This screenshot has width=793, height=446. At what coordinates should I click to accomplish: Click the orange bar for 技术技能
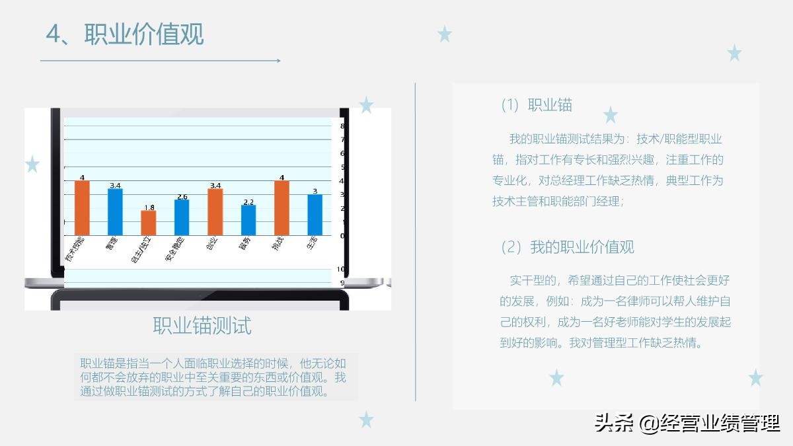pos(82,207)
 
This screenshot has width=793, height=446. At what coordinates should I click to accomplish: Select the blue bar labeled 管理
pos(115,212)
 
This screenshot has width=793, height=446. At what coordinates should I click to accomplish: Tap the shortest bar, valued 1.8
pos(149,223)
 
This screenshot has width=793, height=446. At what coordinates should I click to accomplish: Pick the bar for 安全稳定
pos(182,217)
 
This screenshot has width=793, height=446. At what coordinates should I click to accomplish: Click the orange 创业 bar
pos(215,212)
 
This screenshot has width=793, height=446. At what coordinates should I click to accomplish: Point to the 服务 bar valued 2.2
pos(248,220)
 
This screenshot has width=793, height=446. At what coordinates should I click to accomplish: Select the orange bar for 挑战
pos(282,207)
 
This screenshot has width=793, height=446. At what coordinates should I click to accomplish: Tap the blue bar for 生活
pos(315,215)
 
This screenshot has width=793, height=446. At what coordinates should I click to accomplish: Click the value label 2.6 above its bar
pos(182,196)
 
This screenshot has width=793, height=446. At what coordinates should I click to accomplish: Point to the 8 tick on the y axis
pos(342,126)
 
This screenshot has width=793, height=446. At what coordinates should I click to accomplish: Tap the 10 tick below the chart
pos(342,269)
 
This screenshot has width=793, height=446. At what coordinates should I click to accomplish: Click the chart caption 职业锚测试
pos(202,326)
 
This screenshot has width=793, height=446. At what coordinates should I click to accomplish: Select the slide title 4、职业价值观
pos(124,34)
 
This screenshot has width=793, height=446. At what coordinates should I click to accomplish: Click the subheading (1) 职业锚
pos(537,104)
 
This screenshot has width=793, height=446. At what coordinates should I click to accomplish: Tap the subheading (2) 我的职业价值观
pos(568,247)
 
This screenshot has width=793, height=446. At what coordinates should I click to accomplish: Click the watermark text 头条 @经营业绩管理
pos(687,423)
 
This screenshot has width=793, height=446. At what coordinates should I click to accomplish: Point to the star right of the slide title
pos(445,34)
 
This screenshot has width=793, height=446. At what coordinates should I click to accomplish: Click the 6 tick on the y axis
pos(342,153)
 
